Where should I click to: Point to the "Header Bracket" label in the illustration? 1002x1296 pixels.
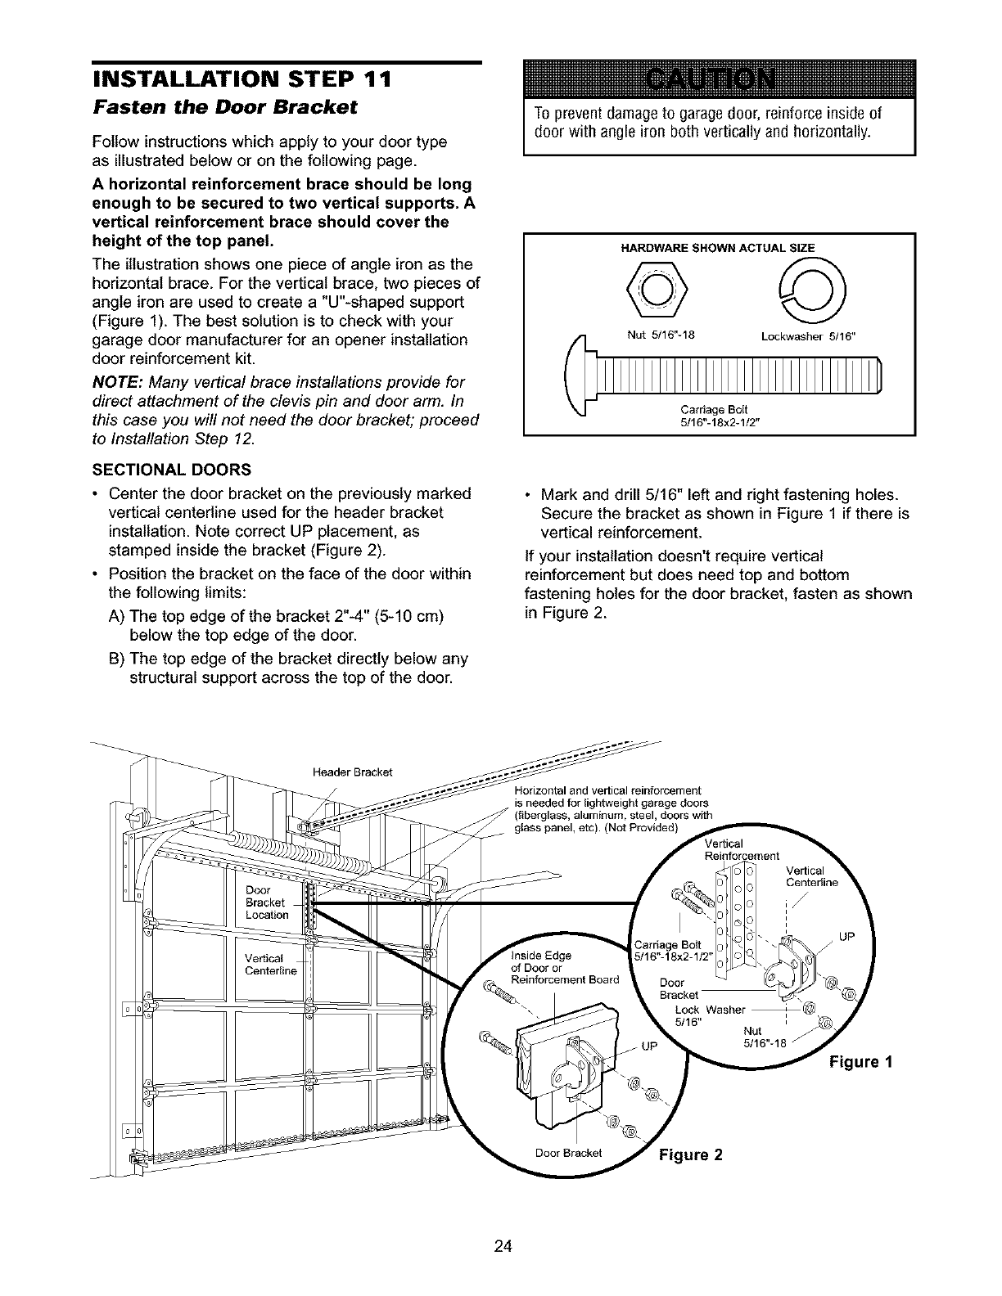point(353,772)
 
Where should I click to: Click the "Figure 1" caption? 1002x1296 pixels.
point(860,1062)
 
